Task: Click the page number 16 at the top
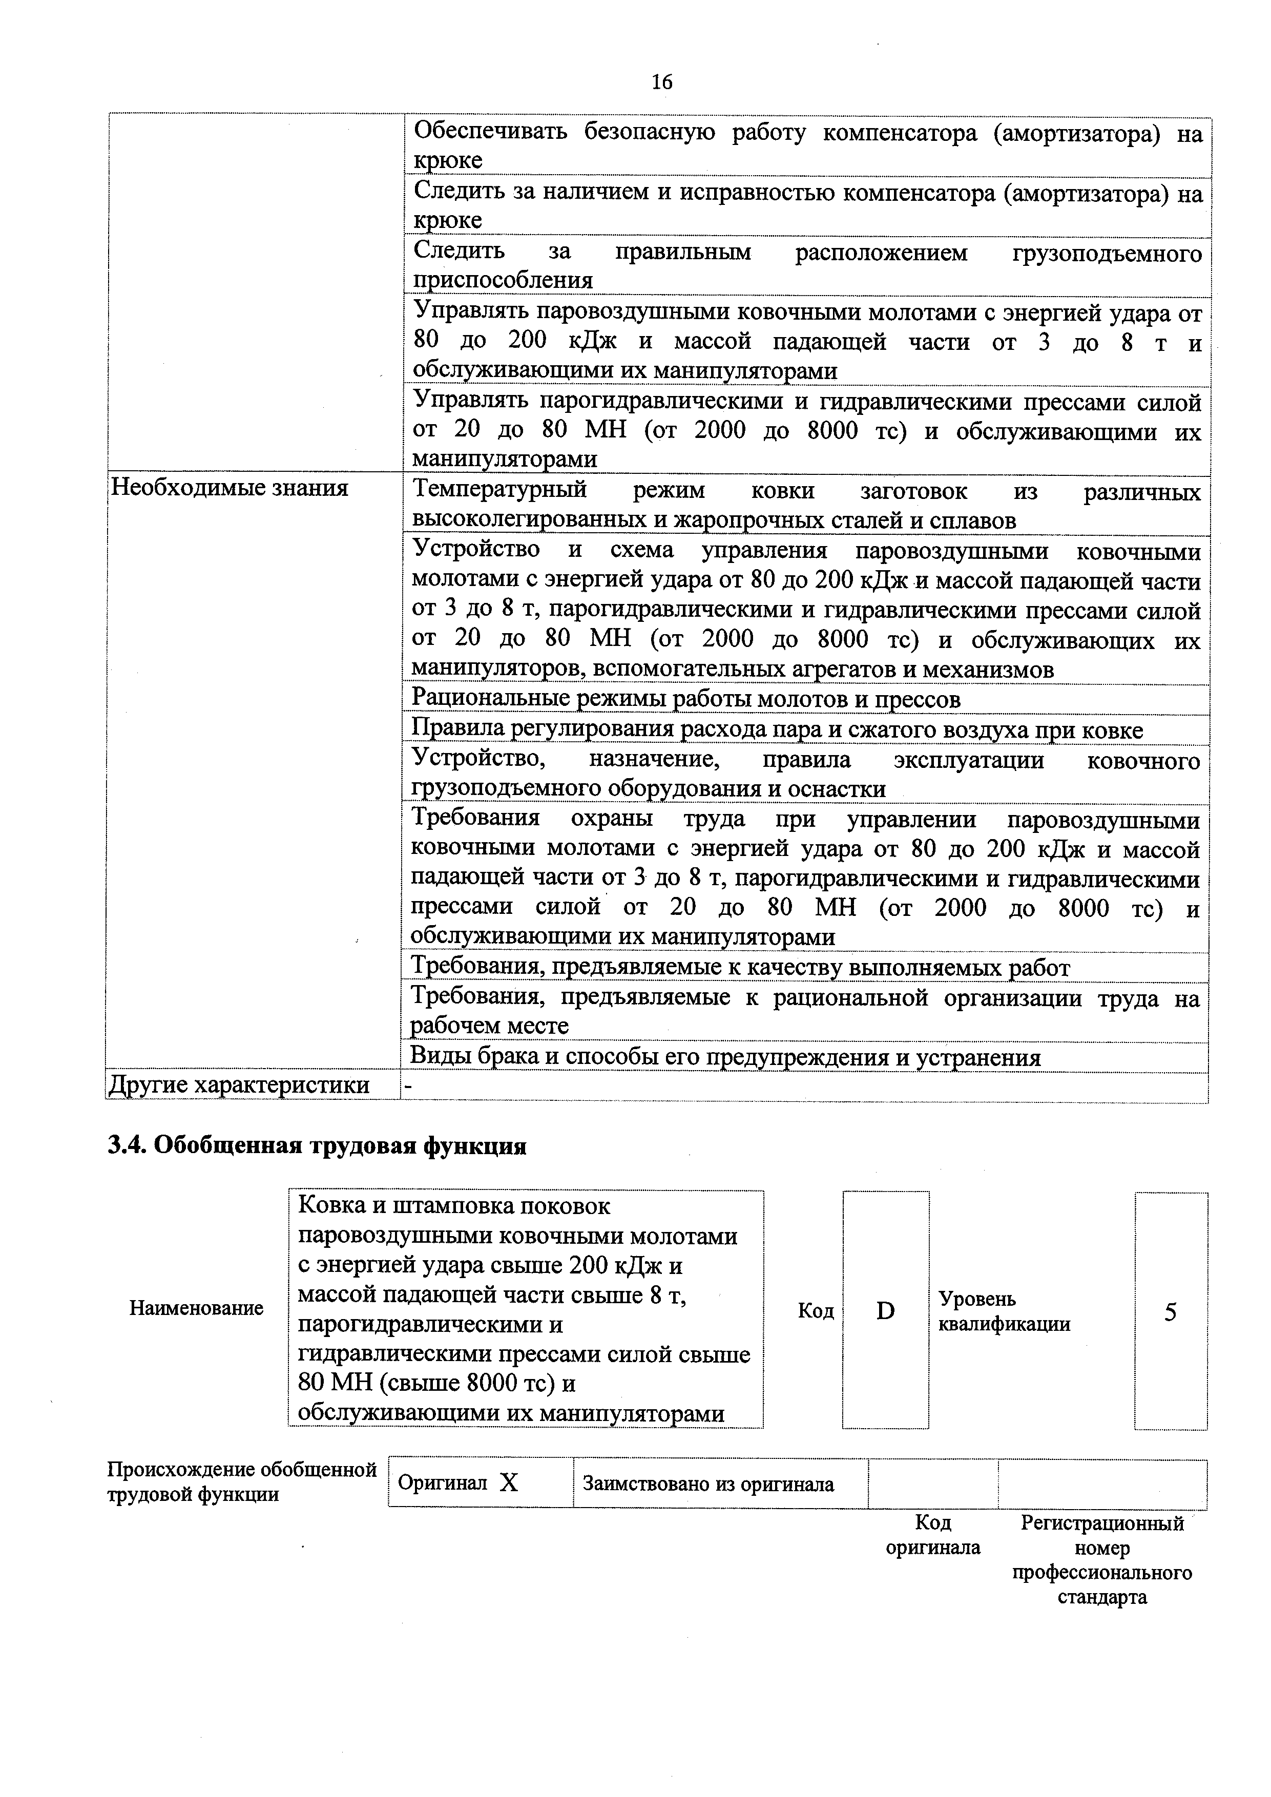point(661,82)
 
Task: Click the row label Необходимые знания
point(228,488)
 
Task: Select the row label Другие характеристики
point(239,1085)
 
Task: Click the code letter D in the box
point(885,1311)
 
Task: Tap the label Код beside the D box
point(816,1311)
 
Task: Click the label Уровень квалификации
point(1004,1311)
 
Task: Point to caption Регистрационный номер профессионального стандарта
point(1102,1560)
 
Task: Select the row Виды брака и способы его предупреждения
point(725,1057)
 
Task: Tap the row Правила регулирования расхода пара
point(776,730)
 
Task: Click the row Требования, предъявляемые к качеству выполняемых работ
point(740,968)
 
